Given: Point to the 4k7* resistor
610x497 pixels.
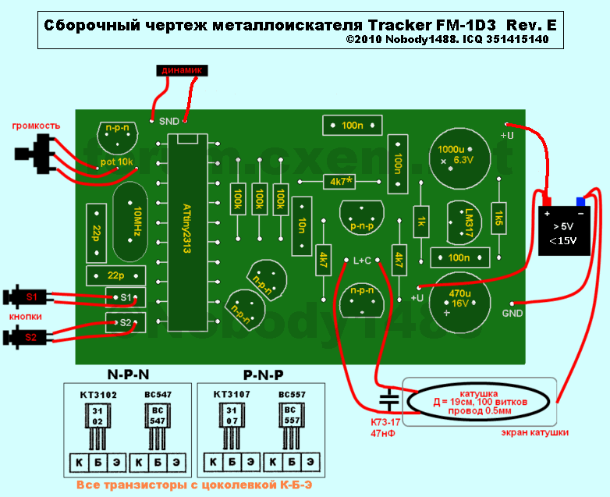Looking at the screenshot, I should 339,181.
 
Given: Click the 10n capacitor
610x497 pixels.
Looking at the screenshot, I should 300,225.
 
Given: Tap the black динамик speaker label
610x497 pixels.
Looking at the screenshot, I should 183,70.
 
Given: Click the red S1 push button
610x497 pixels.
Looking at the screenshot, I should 30,297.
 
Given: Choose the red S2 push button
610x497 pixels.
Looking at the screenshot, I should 29,337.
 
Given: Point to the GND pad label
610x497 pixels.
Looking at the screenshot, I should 512,314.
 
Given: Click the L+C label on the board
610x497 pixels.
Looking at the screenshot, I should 364,261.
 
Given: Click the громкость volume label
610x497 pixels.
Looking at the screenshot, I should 35,126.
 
